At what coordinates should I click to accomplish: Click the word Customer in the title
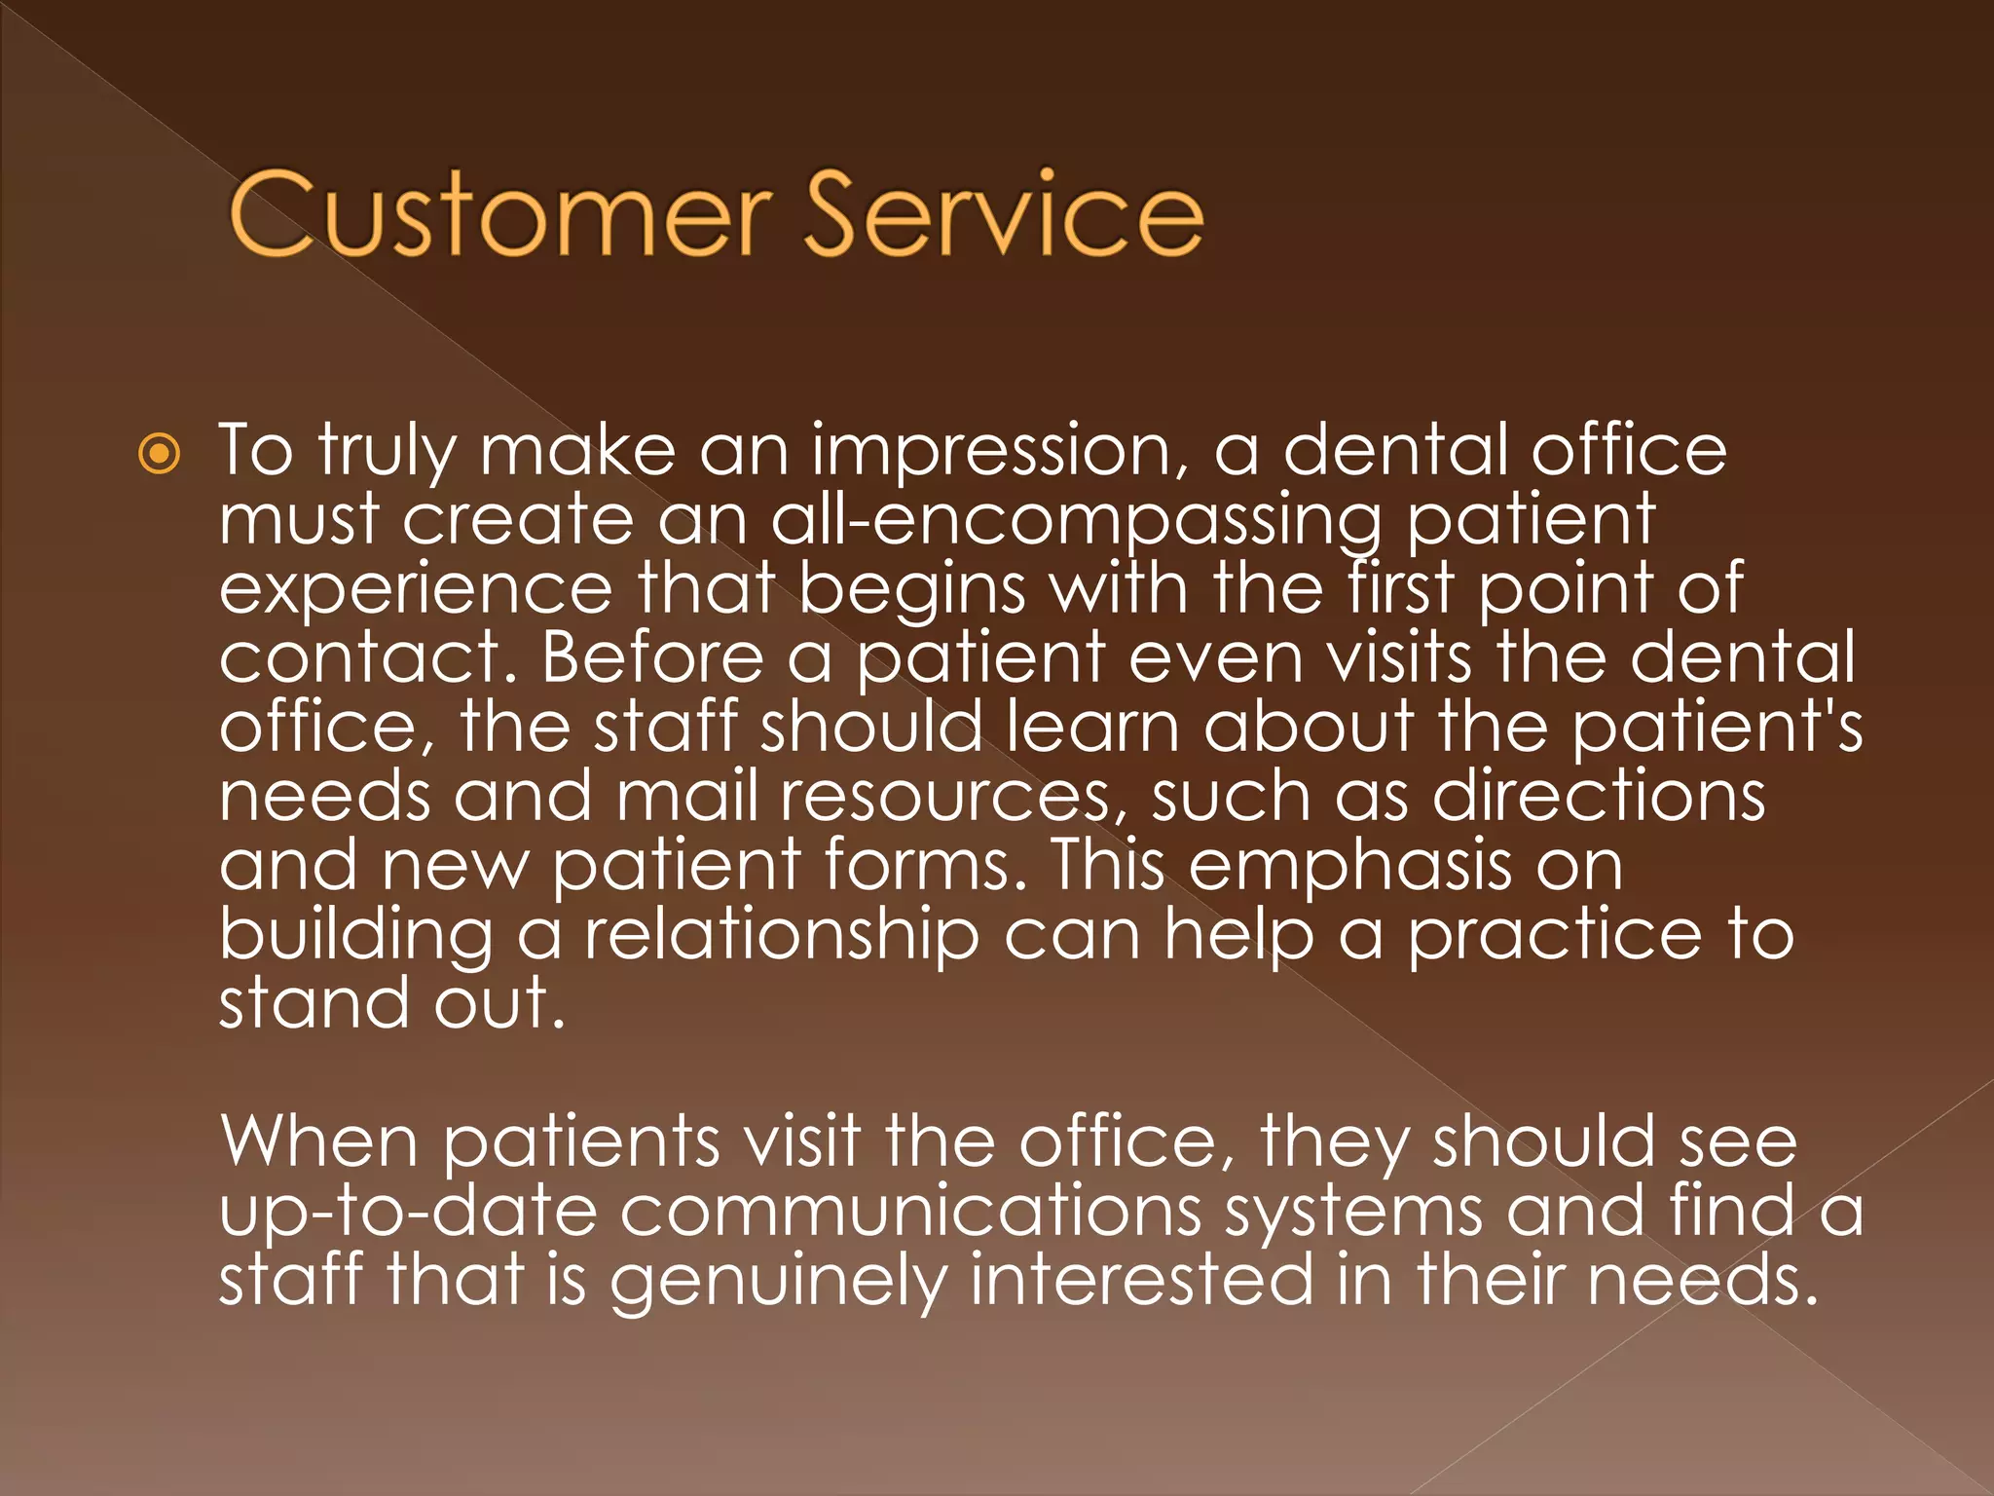[x=499, y=215]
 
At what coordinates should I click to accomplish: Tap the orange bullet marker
[x=159, y=454]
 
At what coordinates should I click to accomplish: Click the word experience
[x=416, y=590]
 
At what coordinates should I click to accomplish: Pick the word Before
[x=652, y=659]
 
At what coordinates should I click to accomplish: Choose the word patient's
[x=1717, y=729]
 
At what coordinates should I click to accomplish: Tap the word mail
[x=686, y=797]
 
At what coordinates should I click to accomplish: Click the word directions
[x=1598, y=797]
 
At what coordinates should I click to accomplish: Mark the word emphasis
[x=1349, y=866]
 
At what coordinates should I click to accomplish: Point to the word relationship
[x=781, y=935]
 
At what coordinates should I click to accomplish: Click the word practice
[x=1555, y=935]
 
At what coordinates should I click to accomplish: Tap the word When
[x=319, y=1141]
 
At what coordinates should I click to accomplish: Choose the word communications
[x=910, y=1211]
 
